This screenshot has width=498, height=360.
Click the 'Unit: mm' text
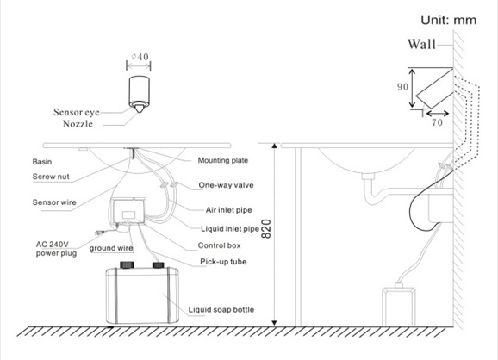click(x=448, y=20)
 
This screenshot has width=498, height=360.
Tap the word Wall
click(x=422, y=44)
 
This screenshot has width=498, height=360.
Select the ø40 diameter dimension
click(x=140, y=57)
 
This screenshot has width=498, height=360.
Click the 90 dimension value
click(x=402, y=87)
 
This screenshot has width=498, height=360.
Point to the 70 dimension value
click(x=437, y=122)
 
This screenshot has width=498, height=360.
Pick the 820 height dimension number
click(x=266, y=228)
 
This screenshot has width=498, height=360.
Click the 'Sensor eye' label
click(x=76, y=112)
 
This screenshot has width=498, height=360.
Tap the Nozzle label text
click(x=78, y=123)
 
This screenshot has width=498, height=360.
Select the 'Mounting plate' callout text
click(x=223, y=160)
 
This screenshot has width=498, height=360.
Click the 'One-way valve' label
click(x=226, y=185)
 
